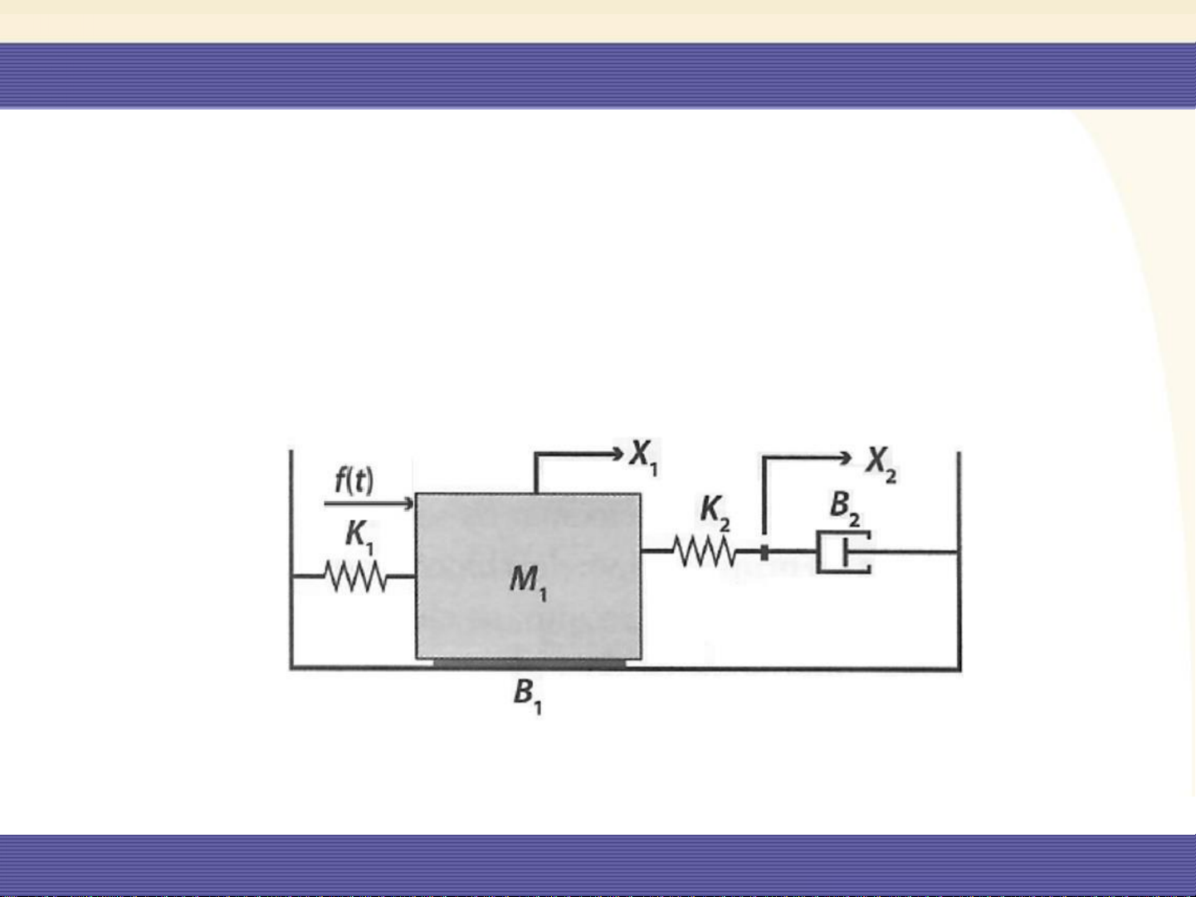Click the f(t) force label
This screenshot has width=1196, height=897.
click(x=354, y=480)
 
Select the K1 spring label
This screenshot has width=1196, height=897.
click(x=359, y=536)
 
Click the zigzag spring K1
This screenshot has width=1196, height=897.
click(x=356, y=576)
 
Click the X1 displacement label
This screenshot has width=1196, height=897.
click(x=644, y=457)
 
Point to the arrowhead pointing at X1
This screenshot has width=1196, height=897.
click(x=618, y=453)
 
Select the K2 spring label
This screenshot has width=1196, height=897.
click(x=715, y=513)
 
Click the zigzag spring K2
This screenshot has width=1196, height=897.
click(x=705, y=551)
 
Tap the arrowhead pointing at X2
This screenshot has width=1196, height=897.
click(x=847, y=458)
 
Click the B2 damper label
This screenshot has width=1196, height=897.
click(x=845, y=509)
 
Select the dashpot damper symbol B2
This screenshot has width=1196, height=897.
click(x=843, y=552)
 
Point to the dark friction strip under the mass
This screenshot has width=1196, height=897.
click(x=530, y=663)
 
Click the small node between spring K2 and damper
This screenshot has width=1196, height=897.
click(x=764, y=553)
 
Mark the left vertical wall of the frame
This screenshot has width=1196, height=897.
click(x=291, y=558)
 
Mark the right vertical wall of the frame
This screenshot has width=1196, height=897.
click(x=959, y=561)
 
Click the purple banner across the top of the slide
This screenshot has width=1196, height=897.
click(x=598, y=76)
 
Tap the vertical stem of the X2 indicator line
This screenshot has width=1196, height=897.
click(x=764, y=495)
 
